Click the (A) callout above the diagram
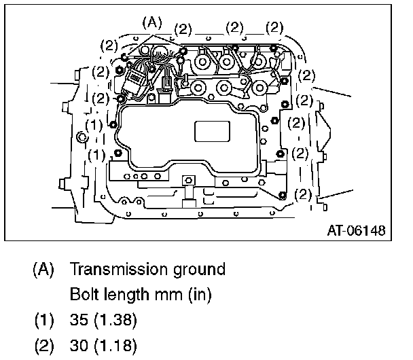(x=152, y=22)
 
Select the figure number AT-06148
(x=357, y=230)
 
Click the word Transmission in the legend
(x=118, y=269)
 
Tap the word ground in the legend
(x=200, y=270)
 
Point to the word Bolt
(x=84, y=294)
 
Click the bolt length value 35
(x=79, y=320)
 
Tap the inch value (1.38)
(x=115, y=320)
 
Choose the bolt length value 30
(x=79, y=345)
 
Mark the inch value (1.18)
(x=115, y=346)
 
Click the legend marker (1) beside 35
(x=44, y=320)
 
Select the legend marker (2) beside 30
(x=44, y=346)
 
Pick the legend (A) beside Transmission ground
(x=43, y=270)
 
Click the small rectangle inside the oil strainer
(x=212, y=131)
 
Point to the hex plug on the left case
(x=81, y=137)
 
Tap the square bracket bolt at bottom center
(x=189, y=181)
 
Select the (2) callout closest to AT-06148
(x=303, y=194)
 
